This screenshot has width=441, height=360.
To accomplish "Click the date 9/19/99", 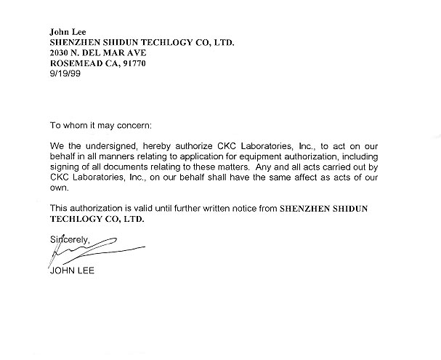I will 60,75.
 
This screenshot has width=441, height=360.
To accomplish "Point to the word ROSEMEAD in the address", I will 74,64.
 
